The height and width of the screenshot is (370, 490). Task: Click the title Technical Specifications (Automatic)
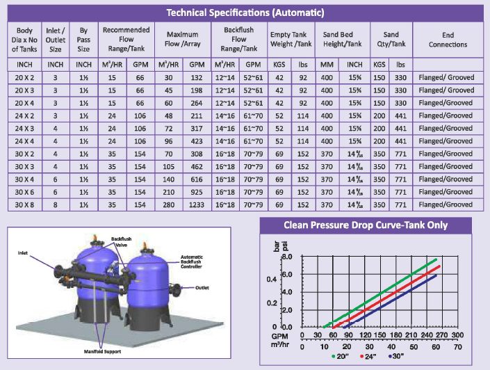coord(245,13)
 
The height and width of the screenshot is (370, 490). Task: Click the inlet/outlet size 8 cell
coord(57,204)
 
